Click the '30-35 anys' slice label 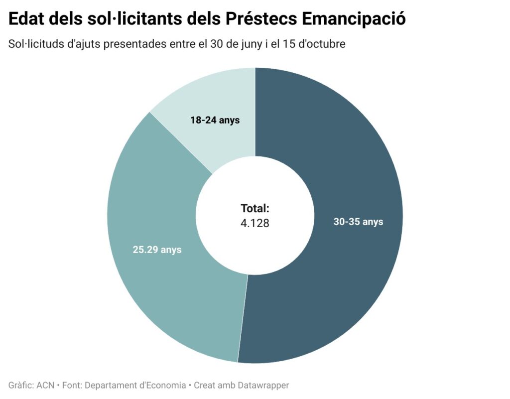coord(358,222)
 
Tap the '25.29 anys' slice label coord(157,250)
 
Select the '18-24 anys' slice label coord(215,120)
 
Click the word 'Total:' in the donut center coord(255,209)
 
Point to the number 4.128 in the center coord(255,223)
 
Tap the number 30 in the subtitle coord(218,44)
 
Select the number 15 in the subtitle coord(291,44)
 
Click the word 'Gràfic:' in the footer coord(21,385)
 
